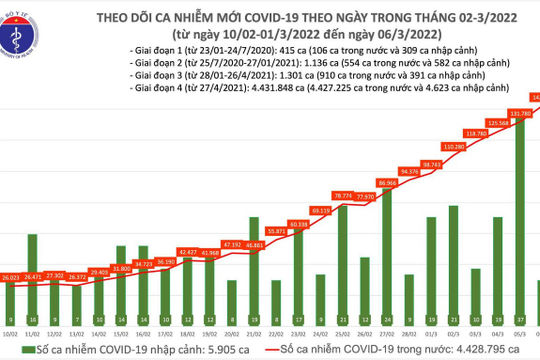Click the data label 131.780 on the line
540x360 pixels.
point(520,114)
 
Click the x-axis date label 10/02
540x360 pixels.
point(12,325)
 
